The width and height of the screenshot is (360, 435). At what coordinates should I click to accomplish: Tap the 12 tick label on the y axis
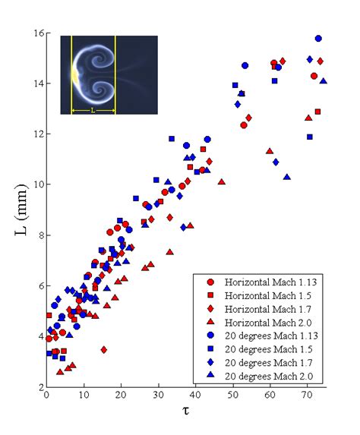point(36,134)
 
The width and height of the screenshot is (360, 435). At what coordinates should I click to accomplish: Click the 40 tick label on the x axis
point(196,396)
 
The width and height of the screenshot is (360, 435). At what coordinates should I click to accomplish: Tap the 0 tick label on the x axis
point(47,396)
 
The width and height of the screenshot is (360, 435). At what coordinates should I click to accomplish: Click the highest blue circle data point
point(318,38)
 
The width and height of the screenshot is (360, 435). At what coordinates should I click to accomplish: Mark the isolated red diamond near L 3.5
point(103,349)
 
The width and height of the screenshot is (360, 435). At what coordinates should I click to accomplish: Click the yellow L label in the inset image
point(93,110)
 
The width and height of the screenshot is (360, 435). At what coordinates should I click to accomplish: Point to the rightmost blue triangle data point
point(324,81)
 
